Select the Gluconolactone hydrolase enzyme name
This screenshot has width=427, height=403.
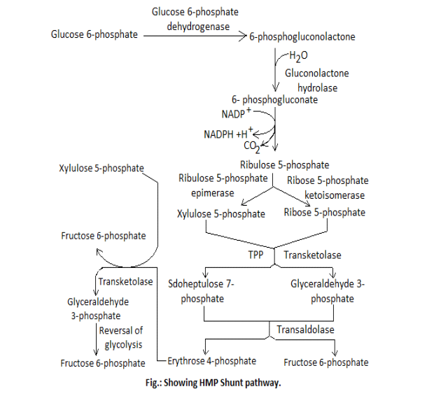[316, 80]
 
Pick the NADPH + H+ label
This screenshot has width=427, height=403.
[228, 133]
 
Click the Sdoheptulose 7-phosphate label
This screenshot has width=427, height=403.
[202, 290]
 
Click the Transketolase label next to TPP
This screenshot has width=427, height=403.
[312, 255]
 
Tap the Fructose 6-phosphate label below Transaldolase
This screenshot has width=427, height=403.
[326, 362]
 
